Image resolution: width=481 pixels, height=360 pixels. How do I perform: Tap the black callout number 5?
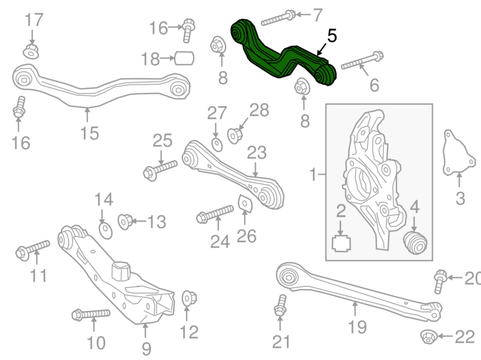[332, 36]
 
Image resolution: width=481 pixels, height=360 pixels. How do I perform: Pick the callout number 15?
[89, 134]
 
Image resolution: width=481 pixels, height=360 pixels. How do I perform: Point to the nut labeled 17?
[31, 51]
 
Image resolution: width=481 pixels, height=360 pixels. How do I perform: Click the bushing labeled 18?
[184, 58]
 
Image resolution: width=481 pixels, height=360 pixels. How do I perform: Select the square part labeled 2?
[342, 244]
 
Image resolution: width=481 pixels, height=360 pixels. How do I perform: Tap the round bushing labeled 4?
[415, 243]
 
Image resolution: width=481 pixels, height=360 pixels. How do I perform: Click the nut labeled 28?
[235, 136]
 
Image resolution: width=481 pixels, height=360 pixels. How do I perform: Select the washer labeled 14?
[106, 231]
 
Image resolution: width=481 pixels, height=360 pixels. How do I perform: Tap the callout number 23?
[257, 153]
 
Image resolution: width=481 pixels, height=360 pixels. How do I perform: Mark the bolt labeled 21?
[280, 305]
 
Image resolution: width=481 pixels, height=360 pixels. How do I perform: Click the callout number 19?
[357, 327]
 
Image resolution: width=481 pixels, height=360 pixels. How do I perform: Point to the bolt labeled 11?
[33, 250]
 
